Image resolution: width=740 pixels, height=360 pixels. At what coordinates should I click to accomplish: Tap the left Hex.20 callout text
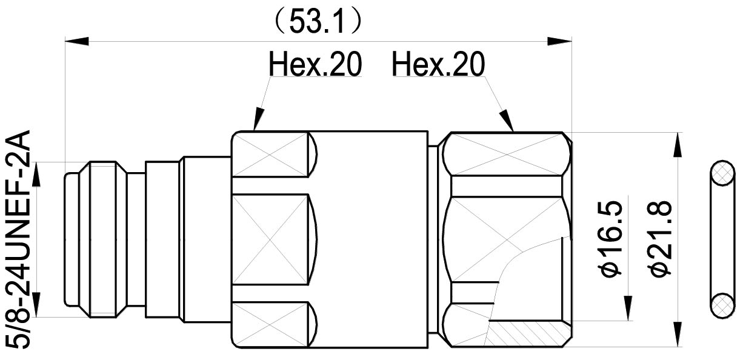[316, 64]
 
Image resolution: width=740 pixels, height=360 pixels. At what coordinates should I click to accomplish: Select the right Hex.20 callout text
[438, 64]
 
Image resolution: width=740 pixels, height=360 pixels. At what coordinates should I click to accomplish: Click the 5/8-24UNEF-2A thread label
[19, 239]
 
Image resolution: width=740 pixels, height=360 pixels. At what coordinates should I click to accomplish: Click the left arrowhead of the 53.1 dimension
[76, 41]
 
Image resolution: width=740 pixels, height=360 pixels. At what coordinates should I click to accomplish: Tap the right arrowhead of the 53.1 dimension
[559, 41]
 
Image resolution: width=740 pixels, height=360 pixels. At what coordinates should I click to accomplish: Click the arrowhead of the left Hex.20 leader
[258, 118]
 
